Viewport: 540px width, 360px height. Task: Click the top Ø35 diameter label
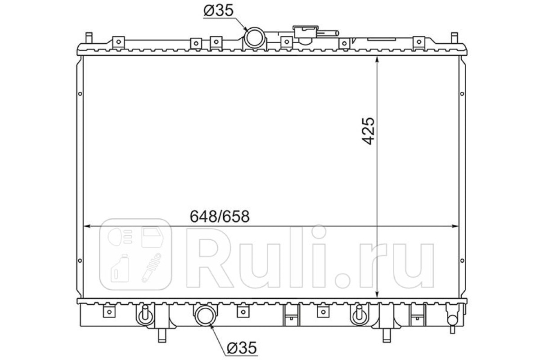click(x=218, y=11)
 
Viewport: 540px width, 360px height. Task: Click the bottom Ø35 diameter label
click(x=242, y=348)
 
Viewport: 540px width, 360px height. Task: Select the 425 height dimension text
click(x=369, y=131)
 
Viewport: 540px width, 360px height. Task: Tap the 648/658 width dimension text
click(x=220, y=216)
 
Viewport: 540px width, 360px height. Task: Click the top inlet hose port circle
click(x=255, y=38)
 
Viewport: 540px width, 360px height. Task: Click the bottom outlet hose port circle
click(x=205, y=315)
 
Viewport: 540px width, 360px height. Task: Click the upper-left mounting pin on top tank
click(x=89, y=38)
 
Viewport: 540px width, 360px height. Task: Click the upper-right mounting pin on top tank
click(x=454, y=38)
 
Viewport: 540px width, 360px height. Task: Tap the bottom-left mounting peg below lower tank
click(x=162, y=335)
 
